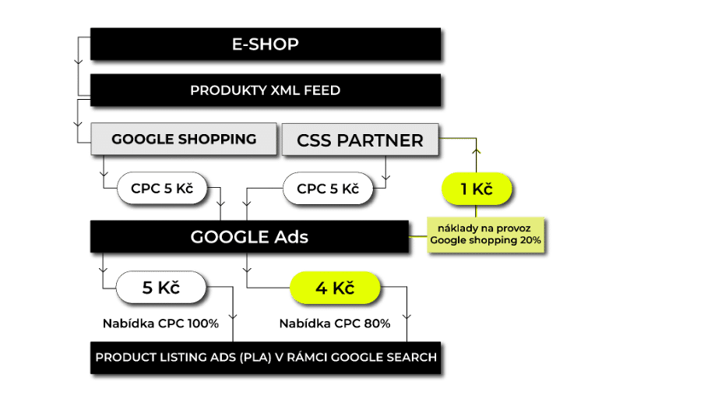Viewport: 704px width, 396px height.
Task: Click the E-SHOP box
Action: pyautogui.click(x=266, y=45)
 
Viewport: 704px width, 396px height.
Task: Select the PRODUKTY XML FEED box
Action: pyautogui.click(x=266, y=91)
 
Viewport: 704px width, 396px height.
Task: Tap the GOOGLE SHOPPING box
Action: pyautogui.click(x=184, y=140)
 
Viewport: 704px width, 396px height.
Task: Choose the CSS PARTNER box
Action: pyautogui.click(x=361, y=140)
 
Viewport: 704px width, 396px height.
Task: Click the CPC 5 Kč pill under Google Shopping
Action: pyautogui.click(x=162, y=188)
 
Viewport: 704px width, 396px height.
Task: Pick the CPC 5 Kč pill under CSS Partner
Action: pyautogui.click(x=328, y=188)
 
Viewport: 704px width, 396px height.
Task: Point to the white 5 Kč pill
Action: pyautogui.click(x=161, y=288)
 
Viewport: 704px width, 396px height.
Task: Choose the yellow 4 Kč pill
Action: pyautogui.click(x=335, y=288)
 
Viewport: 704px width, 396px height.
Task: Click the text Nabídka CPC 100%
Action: pyautogui.click(x=161, y=323)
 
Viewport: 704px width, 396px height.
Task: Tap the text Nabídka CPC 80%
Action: pyautogui.click(x=335, y=323)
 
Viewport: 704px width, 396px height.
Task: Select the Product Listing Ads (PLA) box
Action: pyautogui.click(x=266, y=359)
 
